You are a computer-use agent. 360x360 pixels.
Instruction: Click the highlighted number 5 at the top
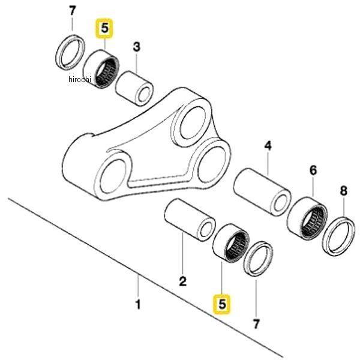(x=104, y=28)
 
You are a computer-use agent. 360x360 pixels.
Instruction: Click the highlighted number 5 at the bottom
(x=222, y=304)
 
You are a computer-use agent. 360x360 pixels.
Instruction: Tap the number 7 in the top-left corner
(x=72, y=11)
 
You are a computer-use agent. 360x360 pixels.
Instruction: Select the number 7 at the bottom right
(x=256, y=324)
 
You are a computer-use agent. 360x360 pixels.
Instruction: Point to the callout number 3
(x=137, y=47)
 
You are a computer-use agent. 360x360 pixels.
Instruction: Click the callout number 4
(x=268, y=146)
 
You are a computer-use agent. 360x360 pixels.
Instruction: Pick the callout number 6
(x=313, y=170)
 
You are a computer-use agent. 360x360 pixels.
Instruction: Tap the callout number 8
(x=343, y=191)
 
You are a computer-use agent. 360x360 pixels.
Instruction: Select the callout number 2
(x=183, y=281)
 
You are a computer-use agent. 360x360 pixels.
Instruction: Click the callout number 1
(x=138, y=305)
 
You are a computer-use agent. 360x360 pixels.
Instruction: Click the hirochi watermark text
(x=80, y=79)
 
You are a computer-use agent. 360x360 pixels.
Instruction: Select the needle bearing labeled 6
(x=307, y=218)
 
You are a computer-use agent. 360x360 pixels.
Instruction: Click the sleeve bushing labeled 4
(x=262, y=192)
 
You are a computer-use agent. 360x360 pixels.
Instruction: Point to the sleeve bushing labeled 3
(x=134, y=89)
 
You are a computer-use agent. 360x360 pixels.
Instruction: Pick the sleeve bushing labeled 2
(x=190, y=220)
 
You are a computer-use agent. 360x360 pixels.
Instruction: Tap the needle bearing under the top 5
(x=101, y=68)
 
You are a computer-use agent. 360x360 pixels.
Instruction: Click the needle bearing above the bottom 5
(x=231, y=243)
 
